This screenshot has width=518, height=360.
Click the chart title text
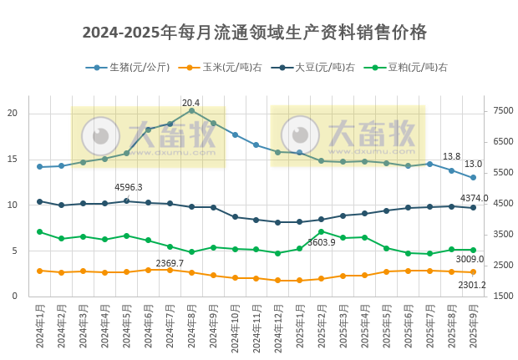pyautogui.click(x=255, y=33)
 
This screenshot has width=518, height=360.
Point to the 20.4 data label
pyautogui.click(x=191, y=103)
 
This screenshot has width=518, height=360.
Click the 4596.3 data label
pyautogui.click(x=129, y=188)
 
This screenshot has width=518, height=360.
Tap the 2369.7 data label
pyautogui.click(x=170, y=263)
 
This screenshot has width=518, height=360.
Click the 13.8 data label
pyautogui.click(x=451, y=157)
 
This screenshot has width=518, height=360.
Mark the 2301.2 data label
pyautogui.click(x=472, y=286)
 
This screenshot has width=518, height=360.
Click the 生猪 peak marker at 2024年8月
pyautogui.click(x=191, y=110)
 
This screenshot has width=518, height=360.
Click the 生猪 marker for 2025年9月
pyautogui.click(x=473, y=177)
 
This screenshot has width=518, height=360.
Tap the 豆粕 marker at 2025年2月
pyautogui.click(x=321, y=231)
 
